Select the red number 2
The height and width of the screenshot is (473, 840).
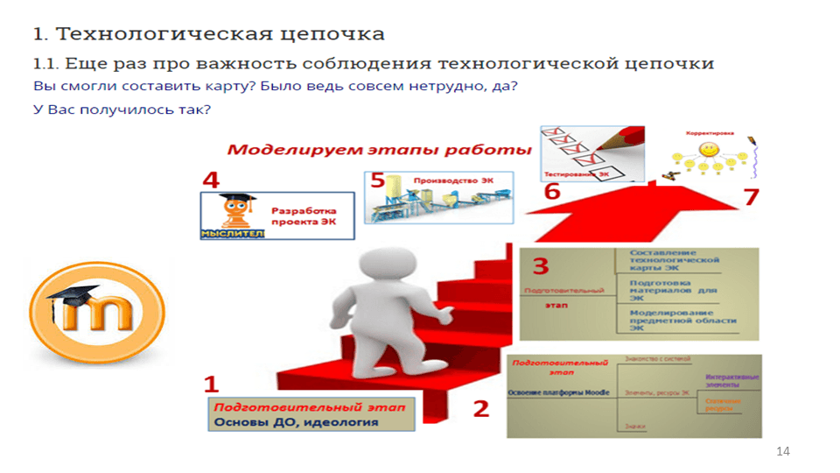pyautogui.click(x=481, y=408)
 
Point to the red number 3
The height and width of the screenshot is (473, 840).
pyautogui.click(x=541, y=266)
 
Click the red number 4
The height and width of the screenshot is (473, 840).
pyautogui.click(x=210, y=180)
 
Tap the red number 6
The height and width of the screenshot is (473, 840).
pyautogui.click(x=552, y=191)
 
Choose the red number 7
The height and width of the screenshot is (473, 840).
pyautogui.click(x=751, y=196)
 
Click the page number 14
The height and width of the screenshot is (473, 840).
pyautogui.click(x=782, y=451)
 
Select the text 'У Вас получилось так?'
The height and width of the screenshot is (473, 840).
pyautogui.click(x=122, y=109)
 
